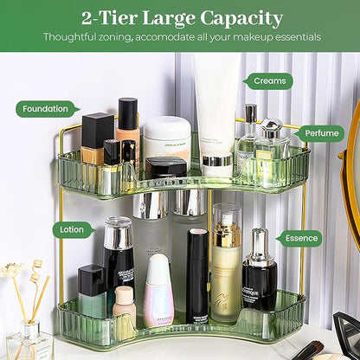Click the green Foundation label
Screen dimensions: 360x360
tap(45, 109)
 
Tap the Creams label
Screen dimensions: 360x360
tap(271, 81)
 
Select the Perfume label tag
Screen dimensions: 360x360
tap(322, 134)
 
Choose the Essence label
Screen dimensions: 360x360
tap(301, 238)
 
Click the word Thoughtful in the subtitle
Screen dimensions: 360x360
tap(75, 37)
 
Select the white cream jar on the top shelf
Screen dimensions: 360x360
tap(166, 138)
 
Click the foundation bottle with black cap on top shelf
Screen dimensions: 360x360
tap(127, 130)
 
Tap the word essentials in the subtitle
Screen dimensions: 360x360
tap(293, 37)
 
